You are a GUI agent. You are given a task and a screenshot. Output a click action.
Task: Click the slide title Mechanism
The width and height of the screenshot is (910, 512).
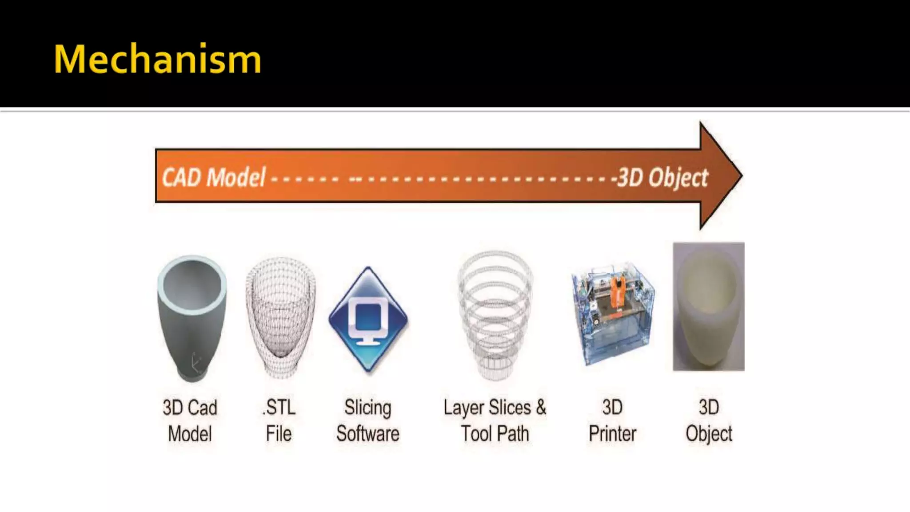pos(157,59)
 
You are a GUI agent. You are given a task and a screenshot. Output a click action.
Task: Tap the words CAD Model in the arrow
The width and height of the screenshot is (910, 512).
pos(214,177)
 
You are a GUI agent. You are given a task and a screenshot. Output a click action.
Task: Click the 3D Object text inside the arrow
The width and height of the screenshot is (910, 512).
pos(663,178)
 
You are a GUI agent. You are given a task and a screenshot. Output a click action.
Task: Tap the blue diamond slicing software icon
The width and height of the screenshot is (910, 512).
pos(368,320)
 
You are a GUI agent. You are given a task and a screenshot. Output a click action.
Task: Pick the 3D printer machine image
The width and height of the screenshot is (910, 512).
pos(612,313)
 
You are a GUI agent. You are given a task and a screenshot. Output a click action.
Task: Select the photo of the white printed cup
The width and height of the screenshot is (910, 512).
pos(709,306)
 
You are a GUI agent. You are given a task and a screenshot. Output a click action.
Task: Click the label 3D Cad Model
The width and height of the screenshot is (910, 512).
pos(190,420)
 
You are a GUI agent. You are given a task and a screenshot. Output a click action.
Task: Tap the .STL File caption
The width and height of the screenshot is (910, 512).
pos(279,420)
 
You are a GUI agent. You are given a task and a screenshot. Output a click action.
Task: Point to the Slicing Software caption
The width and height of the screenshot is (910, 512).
pos(368,420)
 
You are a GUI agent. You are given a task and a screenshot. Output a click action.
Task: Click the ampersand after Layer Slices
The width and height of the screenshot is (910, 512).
pos(541,407)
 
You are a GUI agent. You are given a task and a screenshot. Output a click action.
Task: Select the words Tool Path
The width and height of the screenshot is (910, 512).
pos(495,434)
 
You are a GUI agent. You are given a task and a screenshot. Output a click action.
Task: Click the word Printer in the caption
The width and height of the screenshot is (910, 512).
pos(612,434)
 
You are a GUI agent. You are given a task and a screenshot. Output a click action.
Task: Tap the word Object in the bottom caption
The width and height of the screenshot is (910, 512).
pos(709,434)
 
